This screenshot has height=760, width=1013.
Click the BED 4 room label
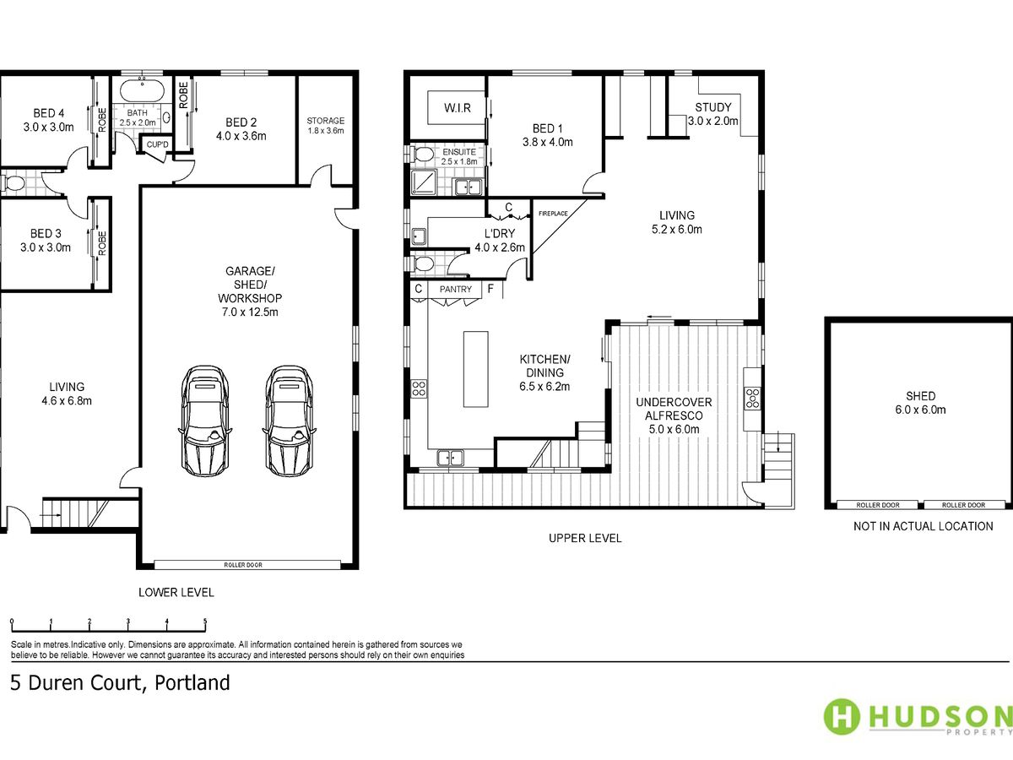(x=48, y=120)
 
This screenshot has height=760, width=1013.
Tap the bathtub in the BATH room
(x=142, y=91)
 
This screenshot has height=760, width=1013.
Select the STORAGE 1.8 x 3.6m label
(x=326, y=126)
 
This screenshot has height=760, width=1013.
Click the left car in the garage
(x=204, y=421)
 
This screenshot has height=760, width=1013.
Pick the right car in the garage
(x=290, y=421)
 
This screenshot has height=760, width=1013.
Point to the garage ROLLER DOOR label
(x=243, y=565)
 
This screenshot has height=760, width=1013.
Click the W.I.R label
(x=458, y=108)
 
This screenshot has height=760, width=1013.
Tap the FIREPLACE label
(x=553, y=214)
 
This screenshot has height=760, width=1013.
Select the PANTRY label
(x=456, y=290)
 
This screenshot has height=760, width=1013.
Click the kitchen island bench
(x=476, y=369)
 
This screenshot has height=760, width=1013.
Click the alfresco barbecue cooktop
(x=752, y=399)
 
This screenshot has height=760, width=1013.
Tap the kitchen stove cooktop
(x=419, y=388)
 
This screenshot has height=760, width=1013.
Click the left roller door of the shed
(x=877, y=505)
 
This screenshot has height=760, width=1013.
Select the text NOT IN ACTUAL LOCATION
(x=923, y=526)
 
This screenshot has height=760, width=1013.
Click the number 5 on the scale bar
(x=205, y=621)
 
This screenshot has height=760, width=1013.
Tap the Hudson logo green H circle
(x=842, y=717)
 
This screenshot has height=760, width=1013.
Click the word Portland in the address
(x=192, y=683)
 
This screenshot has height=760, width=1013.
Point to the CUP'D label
(x=157, y=144)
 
